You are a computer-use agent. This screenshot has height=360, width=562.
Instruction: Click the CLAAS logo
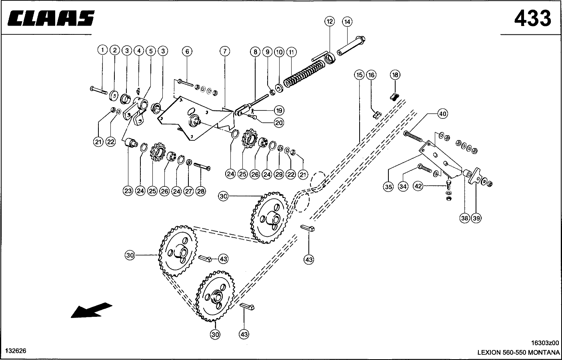[51, 18]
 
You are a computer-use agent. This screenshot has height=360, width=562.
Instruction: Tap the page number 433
[533, 18]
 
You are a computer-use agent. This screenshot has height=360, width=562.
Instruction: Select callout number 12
[330, 21]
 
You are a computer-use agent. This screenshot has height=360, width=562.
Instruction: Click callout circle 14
[347, 22]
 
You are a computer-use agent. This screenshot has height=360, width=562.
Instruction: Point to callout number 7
[224, 52]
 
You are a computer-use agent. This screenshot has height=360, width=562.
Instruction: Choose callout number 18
[395, 75]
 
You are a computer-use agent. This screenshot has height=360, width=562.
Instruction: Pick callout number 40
[442, 114]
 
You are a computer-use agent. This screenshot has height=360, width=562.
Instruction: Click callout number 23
[128, 191]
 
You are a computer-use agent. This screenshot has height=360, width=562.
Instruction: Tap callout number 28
[200, 192]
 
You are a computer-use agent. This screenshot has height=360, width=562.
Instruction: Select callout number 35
[388, 187]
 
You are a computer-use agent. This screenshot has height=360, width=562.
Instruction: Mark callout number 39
[476, 218]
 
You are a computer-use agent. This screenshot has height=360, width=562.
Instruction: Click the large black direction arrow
[92, 310]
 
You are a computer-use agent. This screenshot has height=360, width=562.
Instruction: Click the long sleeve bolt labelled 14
[351, 46]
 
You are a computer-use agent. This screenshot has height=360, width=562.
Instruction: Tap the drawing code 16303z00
[545, 343]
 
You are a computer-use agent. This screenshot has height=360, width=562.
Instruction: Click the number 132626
[16, 351]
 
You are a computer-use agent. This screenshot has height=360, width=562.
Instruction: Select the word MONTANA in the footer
[544, 352]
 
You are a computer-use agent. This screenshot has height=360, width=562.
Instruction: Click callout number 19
[279, 110]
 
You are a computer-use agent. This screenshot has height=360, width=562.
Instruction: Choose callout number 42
[418, 186]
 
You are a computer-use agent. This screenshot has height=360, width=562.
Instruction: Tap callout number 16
[371, 75]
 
